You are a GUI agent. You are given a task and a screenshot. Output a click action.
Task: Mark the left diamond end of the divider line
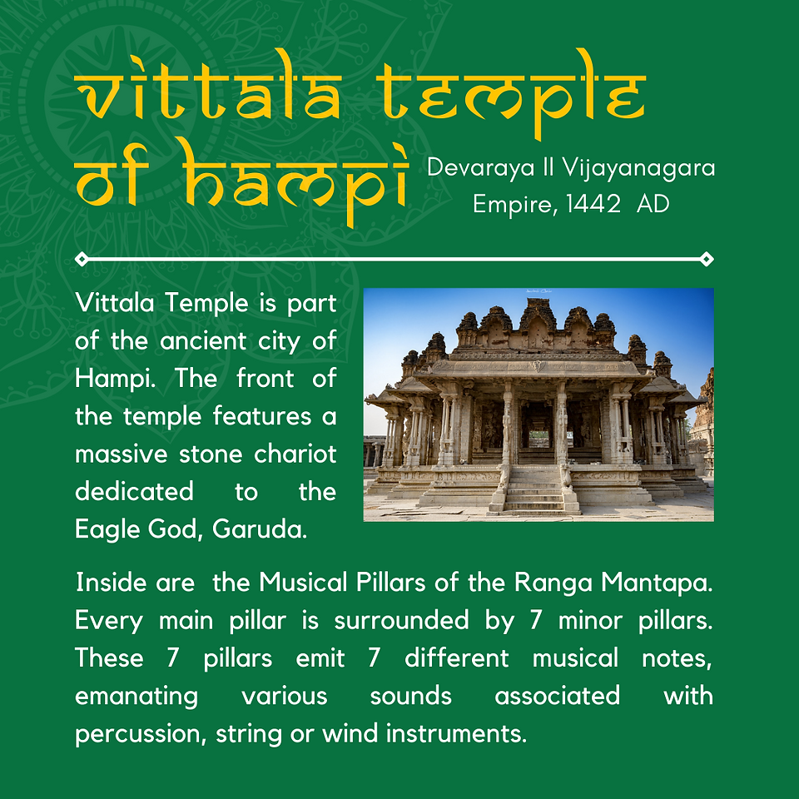pos(82,259)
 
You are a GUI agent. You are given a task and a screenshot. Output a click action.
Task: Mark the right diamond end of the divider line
pos(707,259)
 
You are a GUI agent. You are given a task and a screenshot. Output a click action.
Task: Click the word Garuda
pos(260,529)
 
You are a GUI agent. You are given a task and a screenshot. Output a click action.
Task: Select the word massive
pos(122,454)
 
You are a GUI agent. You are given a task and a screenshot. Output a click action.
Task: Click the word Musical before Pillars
pos(303,582)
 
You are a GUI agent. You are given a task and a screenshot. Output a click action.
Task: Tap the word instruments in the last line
pos(456,733)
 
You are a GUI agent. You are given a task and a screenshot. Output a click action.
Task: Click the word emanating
pos(136,697)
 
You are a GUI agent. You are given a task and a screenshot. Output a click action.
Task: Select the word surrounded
pos(401,620)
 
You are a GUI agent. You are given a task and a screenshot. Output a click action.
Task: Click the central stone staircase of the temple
pos(534,489)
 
